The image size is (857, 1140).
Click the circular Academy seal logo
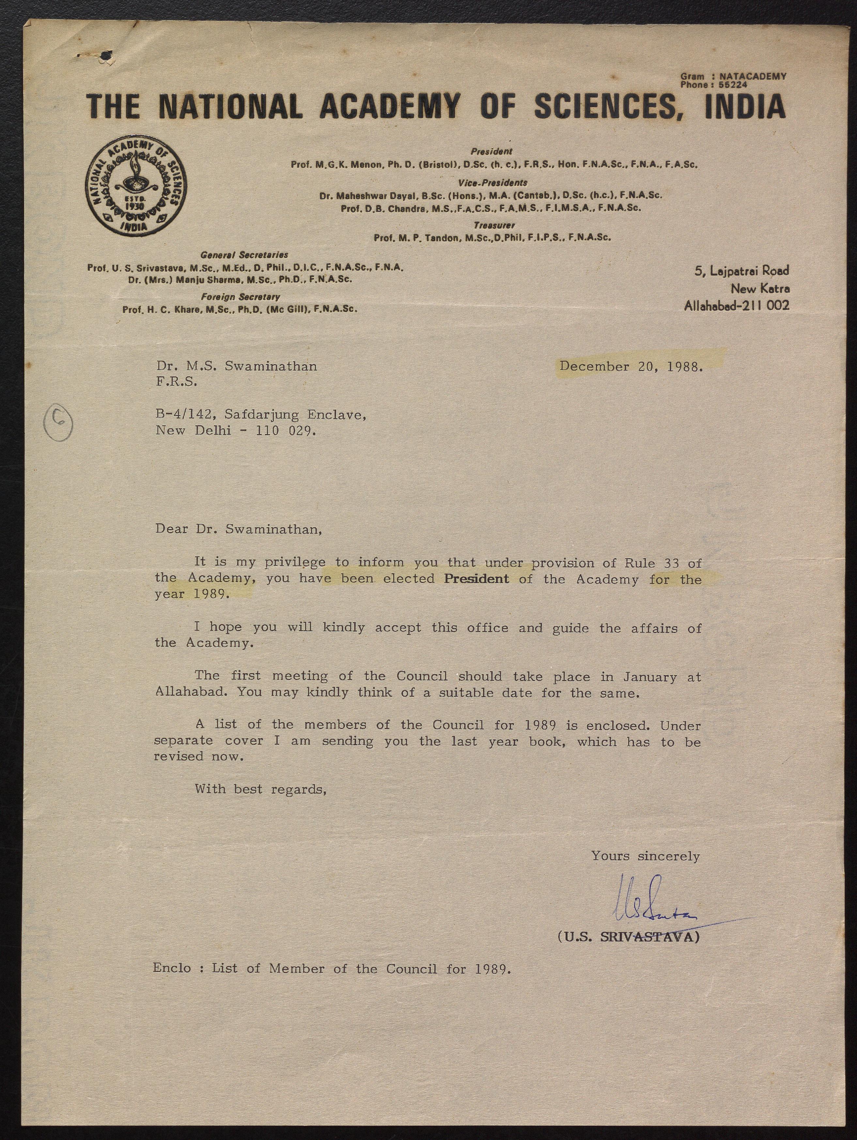click(136, 188)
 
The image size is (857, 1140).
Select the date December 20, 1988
click(631, 367)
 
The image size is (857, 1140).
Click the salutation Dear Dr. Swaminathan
click(239, 529)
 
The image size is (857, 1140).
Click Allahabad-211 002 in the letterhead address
click(736, 306)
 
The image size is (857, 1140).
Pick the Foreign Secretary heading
click(240, 297)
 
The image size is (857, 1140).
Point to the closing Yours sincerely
click(645, 856)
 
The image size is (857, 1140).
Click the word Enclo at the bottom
click(172, 968)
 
